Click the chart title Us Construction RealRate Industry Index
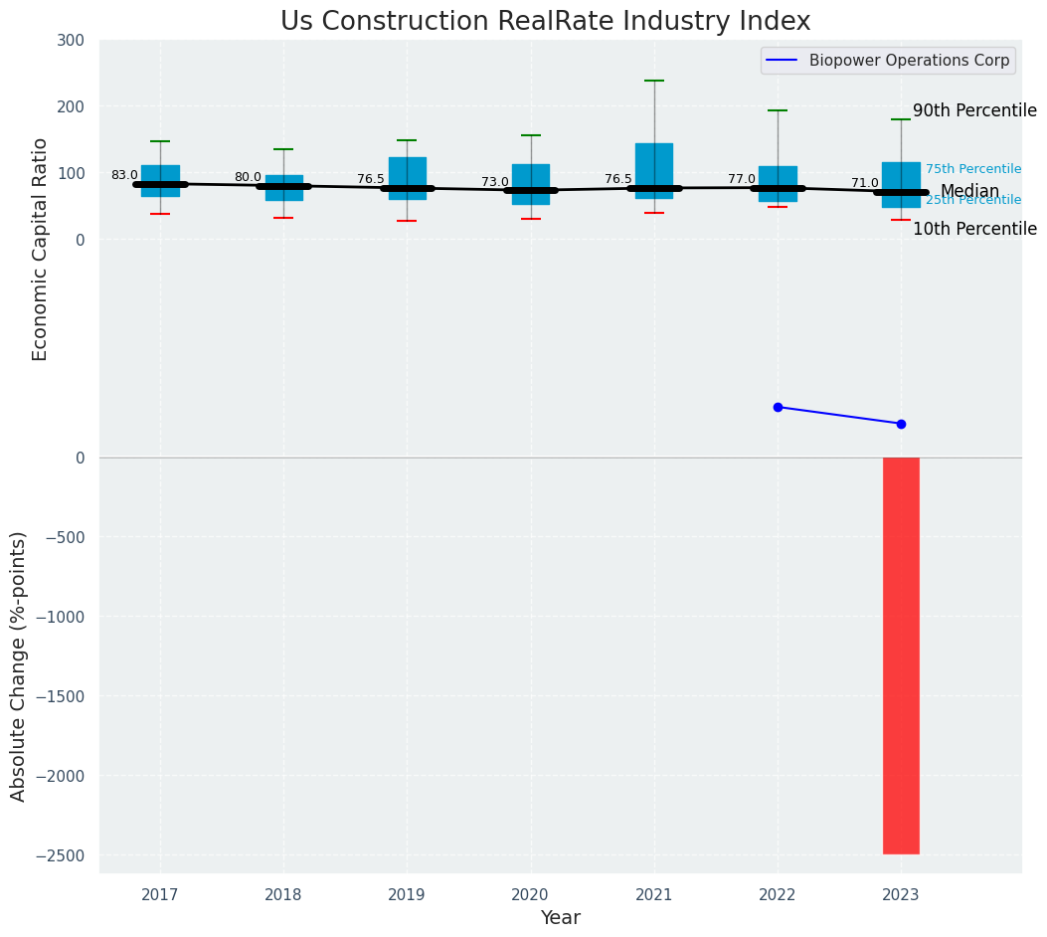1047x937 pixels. [545, 22]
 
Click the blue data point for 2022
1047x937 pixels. [778, 407]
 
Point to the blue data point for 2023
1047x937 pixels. [901, 424]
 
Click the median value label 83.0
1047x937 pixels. [124, 175]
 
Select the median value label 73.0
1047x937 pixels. [495, 182]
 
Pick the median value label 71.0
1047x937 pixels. [865, 183]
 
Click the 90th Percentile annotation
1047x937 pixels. [974, 111]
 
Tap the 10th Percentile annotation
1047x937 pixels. [974, 229]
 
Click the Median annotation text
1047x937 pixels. [969, 191]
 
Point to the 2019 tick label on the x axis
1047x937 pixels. [407, 895]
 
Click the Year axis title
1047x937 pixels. [560, 918]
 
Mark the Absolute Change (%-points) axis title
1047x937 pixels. [19, 665]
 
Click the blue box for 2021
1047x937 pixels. [654, 165]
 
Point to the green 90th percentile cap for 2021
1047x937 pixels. [654, 81]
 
